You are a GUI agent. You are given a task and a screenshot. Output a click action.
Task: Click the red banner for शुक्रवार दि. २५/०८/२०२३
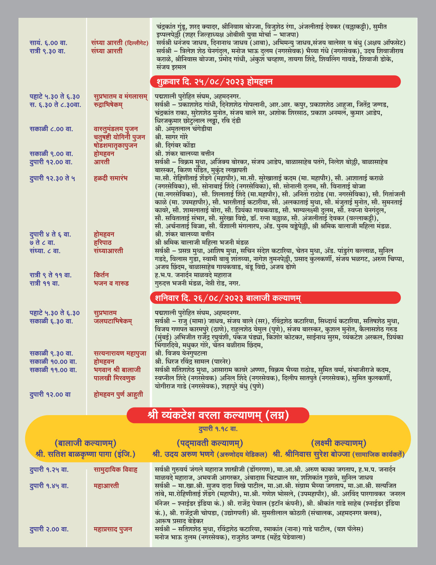pyautogui.click(x=275, y=81)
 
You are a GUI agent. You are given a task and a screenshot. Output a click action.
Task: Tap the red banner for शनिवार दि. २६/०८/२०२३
pyautogui.click(x=275, y=298)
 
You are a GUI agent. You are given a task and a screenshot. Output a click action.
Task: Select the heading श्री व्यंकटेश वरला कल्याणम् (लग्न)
pyautogui.click(x=218, y=415)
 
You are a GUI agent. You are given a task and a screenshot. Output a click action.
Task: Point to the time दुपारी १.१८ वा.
pyautogui.click(x=218, y=429)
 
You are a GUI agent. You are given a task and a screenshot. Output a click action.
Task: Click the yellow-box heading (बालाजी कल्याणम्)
pyautogui.click(x=85, y=443)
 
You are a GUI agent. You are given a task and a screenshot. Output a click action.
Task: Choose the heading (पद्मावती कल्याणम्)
pyautogui.click(x=210, y=443)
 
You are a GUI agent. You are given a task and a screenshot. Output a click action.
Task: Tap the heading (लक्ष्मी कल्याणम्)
pyautogui.click(x=338, y=443)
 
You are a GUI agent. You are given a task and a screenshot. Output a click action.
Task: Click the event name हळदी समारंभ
pyautogui.click(x=110, y=178)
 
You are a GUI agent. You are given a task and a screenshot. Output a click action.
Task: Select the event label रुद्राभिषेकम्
pyautogui.click(x=108, y=105)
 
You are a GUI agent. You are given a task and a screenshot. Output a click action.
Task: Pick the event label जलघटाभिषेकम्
pyautogui.click(x=113, y=321)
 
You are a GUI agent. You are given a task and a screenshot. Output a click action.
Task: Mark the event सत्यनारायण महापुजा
pyautogui.click(x=120, y=353)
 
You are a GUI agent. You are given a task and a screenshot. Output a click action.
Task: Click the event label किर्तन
pyautogui.click(x=101, y=275)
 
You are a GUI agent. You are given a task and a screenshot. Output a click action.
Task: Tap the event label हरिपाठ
pyautogui.click(x=102, y=243)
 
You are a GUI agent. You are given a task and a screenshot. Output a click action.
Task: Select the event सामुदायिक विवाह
pyautogui.click(x=116, y=470)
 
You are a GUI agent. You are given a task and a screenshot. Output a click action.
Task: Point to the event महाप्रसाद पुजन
pyautogui.click(x=113, y=529)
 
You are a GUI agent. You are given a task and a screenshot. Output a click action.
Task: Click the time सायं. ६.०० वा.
pyautogui.click(x=48, y=43)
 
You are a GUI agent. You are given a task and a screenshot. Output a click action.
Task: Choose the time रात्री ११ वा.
pyautogui.click(x=45, y=283)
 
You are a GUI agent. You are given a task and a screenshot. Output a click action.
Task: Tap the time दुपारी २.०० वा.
pyautogui.click(x=49, y=529)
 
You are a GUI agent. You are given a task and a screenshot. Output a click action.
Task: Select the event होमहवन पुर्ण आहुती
pyautogui.click(x=118, y=394)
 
